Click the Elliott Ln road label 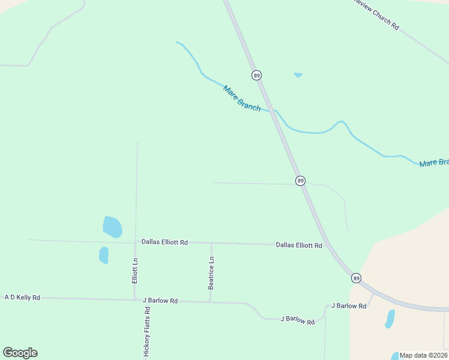click(135, 271)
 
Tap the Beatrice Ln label click(211, 273)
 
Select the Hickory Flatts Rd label click(146, 332)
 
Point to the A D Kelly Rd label click(22, 297)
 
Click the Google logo click(20, 353)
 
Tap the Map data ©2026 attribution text click(424, 355)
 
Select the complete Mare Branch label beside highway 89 click(241, 98)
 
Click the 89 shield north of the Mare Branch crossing click(257, 75)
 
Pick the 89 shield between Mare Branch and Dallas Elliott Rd click(300, 181)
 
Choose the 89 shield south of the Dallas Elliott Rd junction click(356, 278)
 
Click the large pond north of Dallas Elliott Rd click(112, 227)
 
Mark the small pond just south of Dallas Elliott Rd click(104, 255)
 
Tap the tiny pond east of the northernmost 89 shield click(298, 75)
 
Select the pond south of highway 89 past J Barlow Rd click(390, 319)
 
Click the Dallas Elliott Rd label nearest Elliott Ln click(164, 242)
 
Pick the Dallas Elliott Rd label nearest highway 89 click(299, 245)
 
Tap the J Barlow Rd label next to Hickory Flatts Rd click(160, 301)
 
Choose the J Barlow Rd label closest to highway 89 click(349, 306)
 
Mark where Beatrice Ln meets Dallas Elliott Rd click(211, 244)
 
